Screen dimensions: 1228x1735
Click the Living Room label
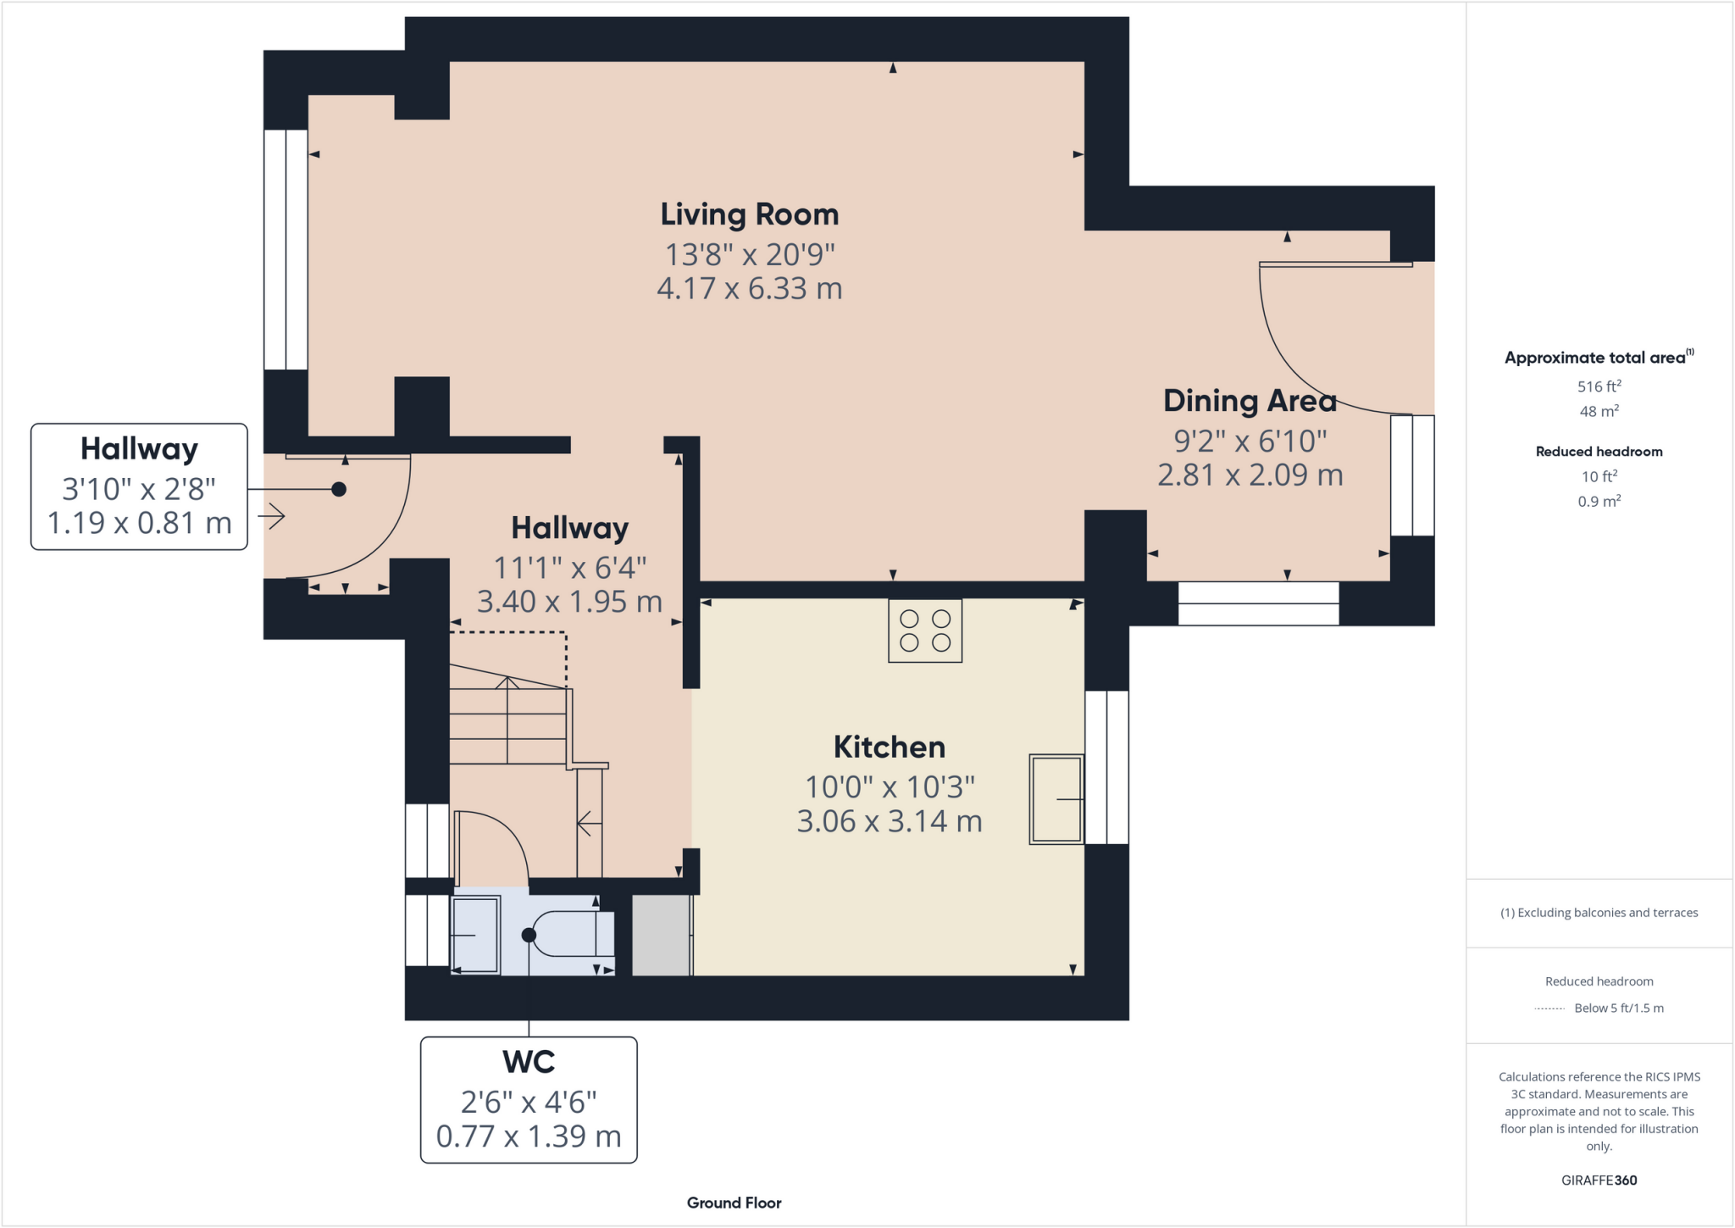coord(749,214)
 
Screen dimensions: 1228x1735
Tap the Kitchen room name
coord(889,747)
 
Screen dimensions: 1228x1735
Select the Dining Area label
coord(1250,401)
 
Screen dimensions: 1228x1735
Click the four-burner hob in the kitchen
coord(924,631)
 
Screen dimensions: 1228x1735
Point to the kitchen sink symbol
coord(1056,798)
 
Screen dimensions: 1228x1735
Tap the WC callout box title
coord(529,1062)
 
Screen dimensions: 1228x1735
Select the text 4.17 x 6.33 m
coord(749,289)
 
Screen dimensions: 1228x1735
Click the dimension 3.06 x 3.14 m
coord(889,821)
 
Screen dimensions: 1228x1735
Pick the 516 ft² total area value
coord(1599,386)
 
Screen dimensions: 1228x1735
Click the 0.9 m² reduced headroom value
coord(1599,501)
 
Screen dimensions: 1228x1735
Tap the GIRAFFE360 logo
coord(1599,1180)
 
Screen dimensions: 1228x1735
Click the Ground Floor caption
coord(734,1203)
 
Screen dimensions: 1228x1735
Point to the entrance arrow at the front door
coord(272,515)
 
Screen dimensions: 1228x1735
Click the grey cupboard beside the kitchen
coord(661,935)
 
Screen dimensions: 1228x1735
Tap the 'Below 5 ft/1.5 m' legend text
coord(1618,1008)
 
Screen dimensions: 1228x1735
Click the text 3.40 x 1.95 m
coord(569,602)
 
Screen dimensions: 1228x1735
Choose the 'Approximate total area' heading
coord(1594,358)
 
